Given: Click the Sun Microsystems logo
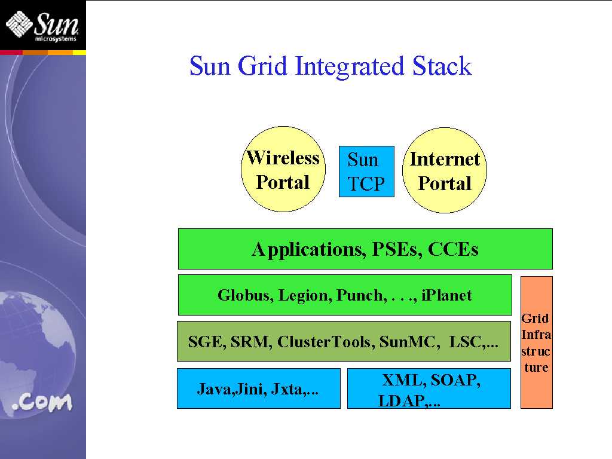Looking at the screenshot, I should pyautogui.click(x=42, y=25).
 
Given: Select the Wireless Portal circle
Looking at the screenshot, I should pyautogui.click(x=283, y=170).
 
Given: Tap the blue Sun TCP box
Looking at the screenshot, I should pyautogui.click(x=366, y=172).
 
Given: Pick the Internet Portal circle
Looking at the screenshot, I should pyautogui.click(x=445, y=171).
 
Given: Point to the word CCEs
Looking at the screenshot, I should pyautogui.click(x=453, y=249).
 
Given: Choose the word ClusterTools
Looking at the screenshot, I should pyautogui.click(x=325, y=342).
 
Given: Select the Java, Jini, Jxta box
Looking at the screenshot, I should pyautogui.click(x=258, y=389).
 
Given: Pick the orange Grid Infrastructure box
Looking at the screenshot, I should pyautogui.click(x=536, y=342).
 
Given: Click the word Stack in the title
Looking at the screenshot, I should pyautogui.click(x=442, y=66).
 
